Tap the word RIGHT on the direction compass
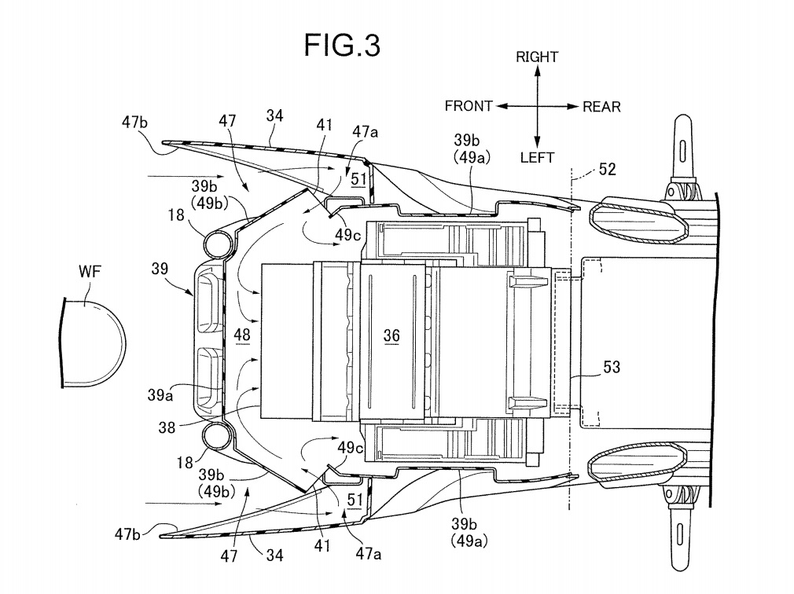coord(537,57)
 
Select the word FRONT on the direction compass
coord(469,106)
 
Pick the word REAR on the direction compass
coord(601,107)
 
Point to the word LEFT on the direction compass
coord(537,158)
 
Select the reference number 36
coord(391,335)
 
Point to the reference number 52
coord(607,168)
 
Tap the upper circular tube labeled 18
coord(219,244)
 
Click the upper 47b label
coord(134,122)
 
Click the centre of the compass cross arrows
coord(537,106)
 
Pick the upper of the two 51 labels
coord(358,179)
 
